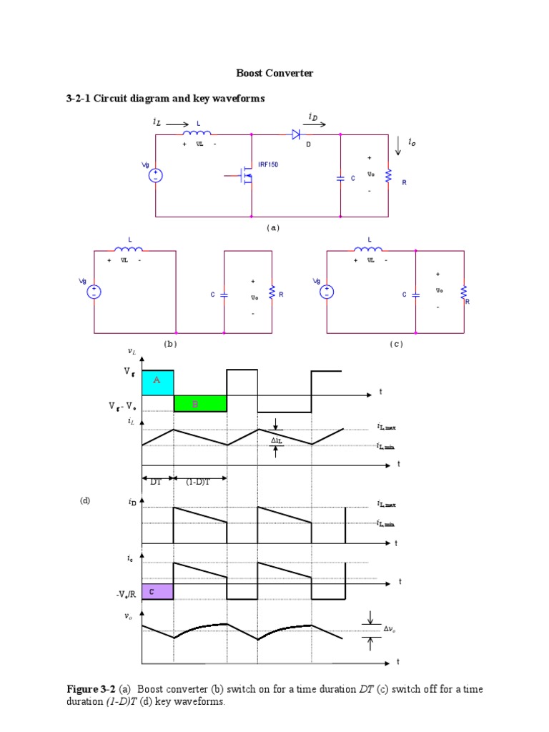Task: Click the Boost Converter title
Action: click(x=274, y=73)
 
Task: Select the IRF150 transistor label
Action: click(x=268, y=164)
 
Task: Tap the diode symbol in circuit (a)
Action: click(x=295, y=134)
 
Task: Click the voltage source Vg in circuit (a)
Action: click(x=155, y=175)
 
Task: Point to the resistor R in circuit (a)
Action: click(x=389, y=175)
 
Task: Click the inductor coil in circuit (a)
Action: click(x=197, y=133)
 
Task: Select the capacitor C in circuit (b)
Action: click(x=224, y=294)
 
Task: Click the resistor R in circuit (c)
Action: click(x=464, y=292)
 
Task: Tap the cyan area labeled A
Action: click(x=157, y=382)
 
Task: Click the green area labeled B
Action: click(x=200, y=404)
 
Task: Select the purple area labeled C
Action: click(x=157, y=591)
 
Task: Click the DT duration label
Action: click(x=156, y=481)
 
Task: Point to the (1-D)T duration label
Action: click(x=198, y=481)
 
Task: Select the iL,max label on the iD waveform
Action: click(x=386, y=504)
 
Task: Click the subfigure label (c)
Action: click(x=396, y=344)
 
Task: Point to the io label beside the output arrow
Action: click(x=412, y=143)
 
